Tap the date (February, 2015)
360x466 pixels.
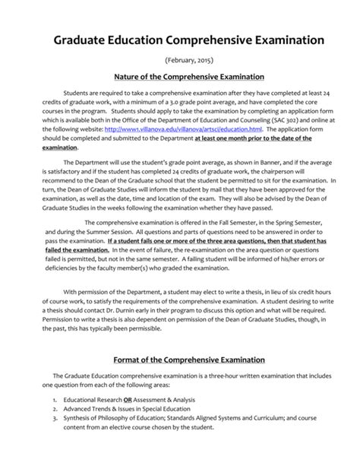[180, 59]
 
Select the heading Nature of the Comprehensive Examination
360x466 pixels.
[180, 77]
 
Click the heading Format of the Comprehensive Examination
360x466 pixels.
[180, 359]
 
